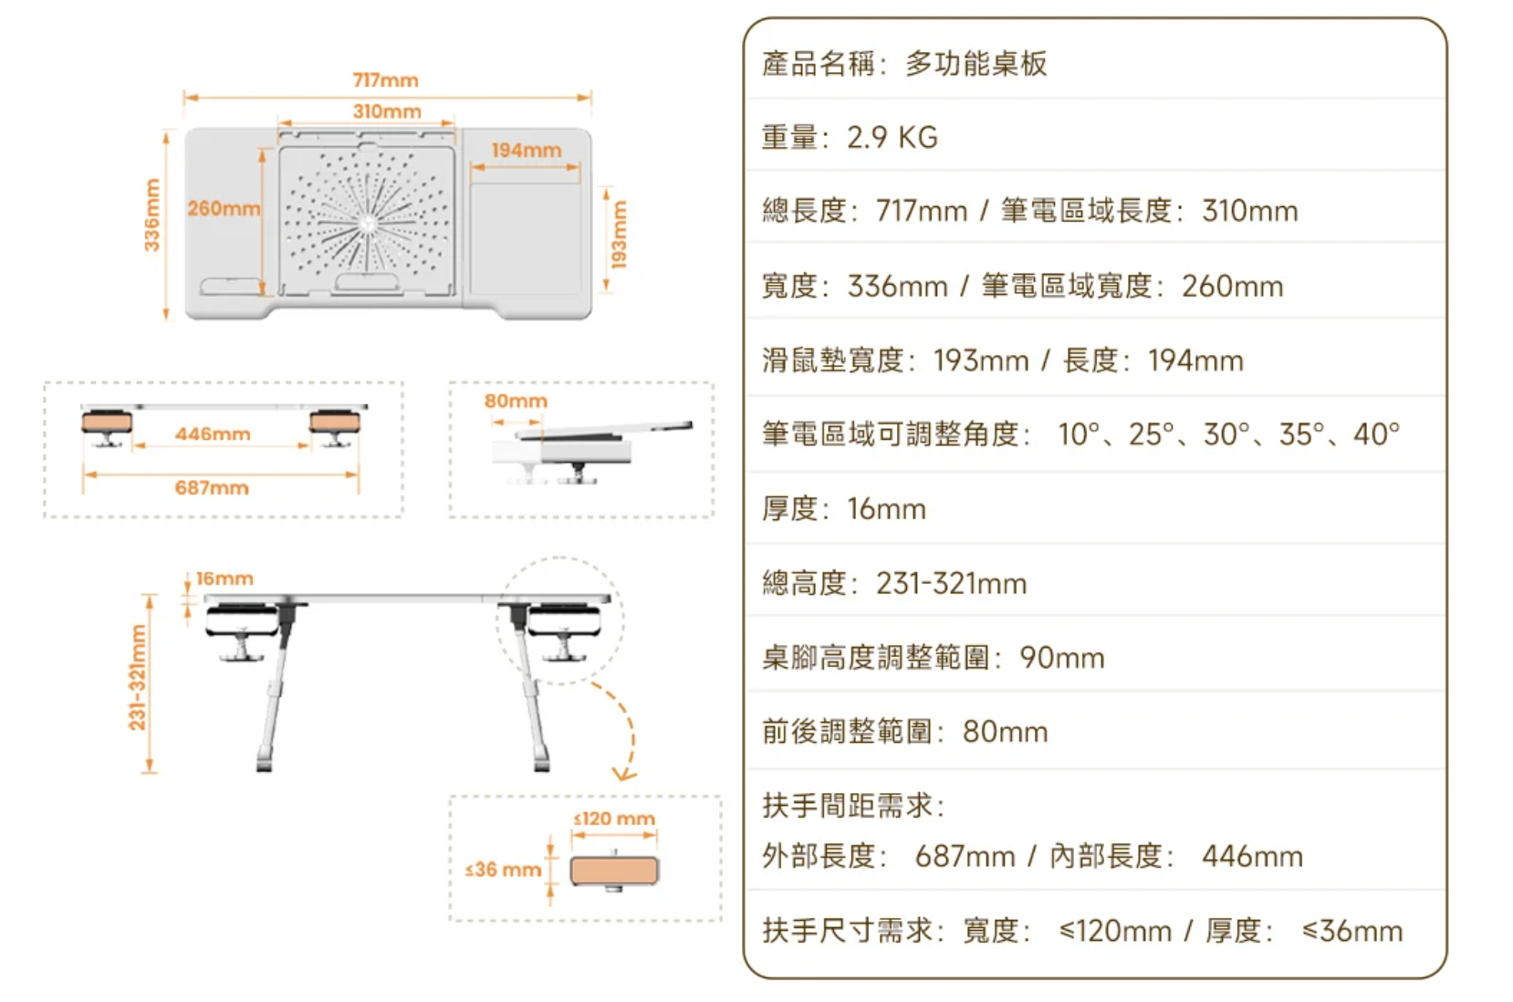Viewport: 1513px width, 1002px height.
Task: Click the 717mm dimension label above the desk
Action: [385, 80]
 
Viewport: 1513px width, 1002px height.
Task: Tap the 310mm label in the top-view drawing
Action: [387, 111]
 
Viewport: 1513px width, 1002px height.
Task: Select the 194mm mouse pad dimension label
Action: [527, 150]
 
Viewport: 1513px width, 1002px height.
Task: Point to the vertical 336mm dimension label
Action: [151, 215]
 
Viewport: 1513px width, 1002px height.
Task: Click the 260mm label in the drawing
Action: [224, 208]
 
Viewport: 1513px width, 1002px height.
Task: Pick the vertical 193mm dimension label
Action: [620, 235]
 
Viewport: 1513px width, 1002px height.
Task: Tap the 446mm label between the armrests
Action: [213, 433]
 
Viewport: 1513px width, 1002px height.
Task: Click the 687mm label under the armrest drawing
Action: [212, 487]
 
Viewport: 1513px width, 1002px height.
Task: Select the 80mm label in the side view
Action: [516, 401]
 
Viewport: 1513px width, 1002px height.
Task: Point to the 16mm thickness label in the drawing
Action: [224, 579]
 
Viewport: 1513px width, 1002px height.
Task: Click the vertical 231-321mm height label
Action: [137, 677]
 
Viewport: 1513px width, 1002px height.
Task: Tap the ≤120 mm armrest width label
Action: [614, 819]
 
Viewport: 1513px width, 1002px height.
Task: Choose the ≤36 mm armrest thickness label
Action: [503, 870]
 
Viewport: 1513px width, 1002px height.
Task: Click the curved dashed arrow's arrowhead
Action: [624, 774]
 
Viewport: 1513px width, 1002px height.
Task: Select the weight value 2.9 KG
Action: [892, 137]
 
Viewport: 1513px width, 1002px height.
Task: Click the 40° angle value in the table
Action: [1376, 434]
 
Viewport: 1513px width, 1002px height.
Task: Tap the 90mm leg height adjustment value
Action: [1061, 657]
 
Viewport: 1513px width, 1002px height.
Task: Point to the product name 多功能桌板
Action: [976, 64]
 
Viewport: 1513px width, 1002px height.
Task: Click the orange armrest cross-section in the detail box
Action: [614, 871]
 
